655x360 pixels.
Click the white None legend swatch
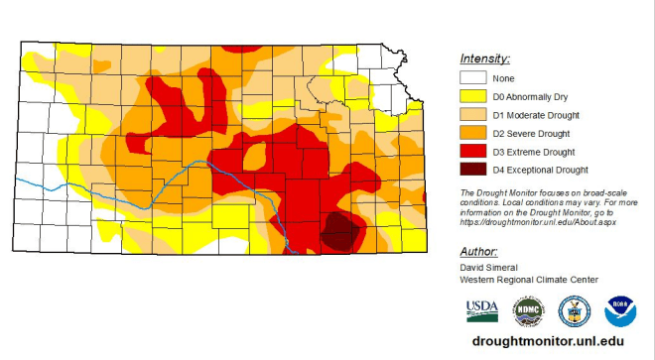(x=472, y=78)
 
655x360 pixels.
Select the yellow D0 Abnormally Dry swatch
(x=472, y=97)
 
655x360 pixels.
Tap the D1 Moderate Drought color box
(x=472, y=115)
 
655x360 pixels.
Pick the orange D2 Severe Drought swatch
(x=472, y=133)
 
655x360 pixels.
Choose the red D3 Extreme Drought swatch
(x=472, y=152)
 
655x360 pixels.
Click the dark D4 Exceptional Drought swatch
(x=472, y=170)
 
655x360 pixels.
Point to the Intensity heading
(x=484, y=59)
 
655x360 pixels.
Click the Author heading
(x=478, y=252)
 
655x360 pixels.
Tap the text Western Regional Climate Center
(x=529, y=279)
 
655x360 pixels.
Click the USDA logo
(x=482, y=311)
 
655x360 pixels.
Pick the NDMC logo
(x=528, y=311)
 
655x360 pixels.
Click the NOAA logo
(x=620, y=311)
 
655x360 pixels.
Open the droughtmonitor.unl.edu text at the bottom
(x=548, y=340)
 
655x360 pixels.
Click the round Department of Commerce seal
(x=575, y=311)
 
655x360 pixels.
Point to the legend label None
(x=505, y=79)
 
